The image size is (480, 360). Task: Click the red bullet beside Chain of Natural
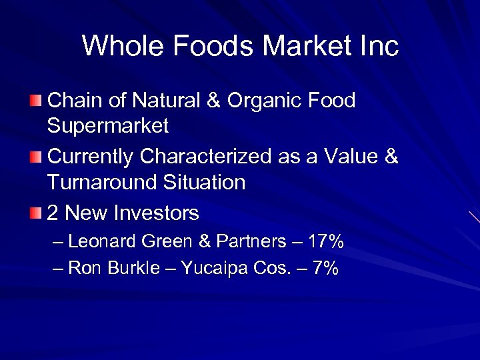point(36,101)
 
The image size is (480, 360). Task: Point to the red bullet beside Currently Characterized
point(36,157)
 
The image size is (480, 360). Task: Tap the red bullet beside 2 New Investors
point(36,213)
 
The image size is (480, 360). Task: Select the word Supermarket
point(108,125)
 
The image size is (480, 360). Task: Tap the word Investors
point(157,213)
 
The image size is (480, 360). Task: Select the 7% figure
point(325,268)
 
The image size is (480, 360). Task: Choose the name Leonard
point(101,241)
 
